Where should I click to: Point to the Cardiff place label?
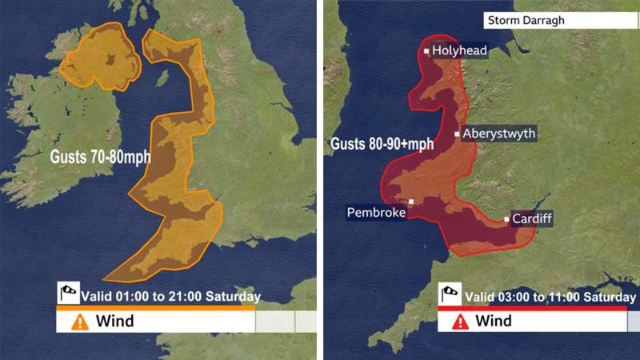coord(532,218)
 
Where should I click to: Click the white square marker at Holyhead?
coord(426,51)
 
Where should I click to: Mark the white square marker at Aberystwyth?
coord(457,134)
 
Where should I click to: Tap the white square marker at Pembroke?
coord(411,202)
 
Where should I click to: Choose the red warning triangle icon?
coord(460,322)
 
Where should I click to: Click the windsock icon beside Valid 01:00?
coord(68,294)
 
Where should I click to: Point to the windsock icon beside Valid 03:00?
coord(450,294)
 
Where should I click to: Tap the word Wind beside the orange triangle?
coord(114,322)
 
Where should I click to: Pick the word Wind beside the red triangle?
coord(494,322)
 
